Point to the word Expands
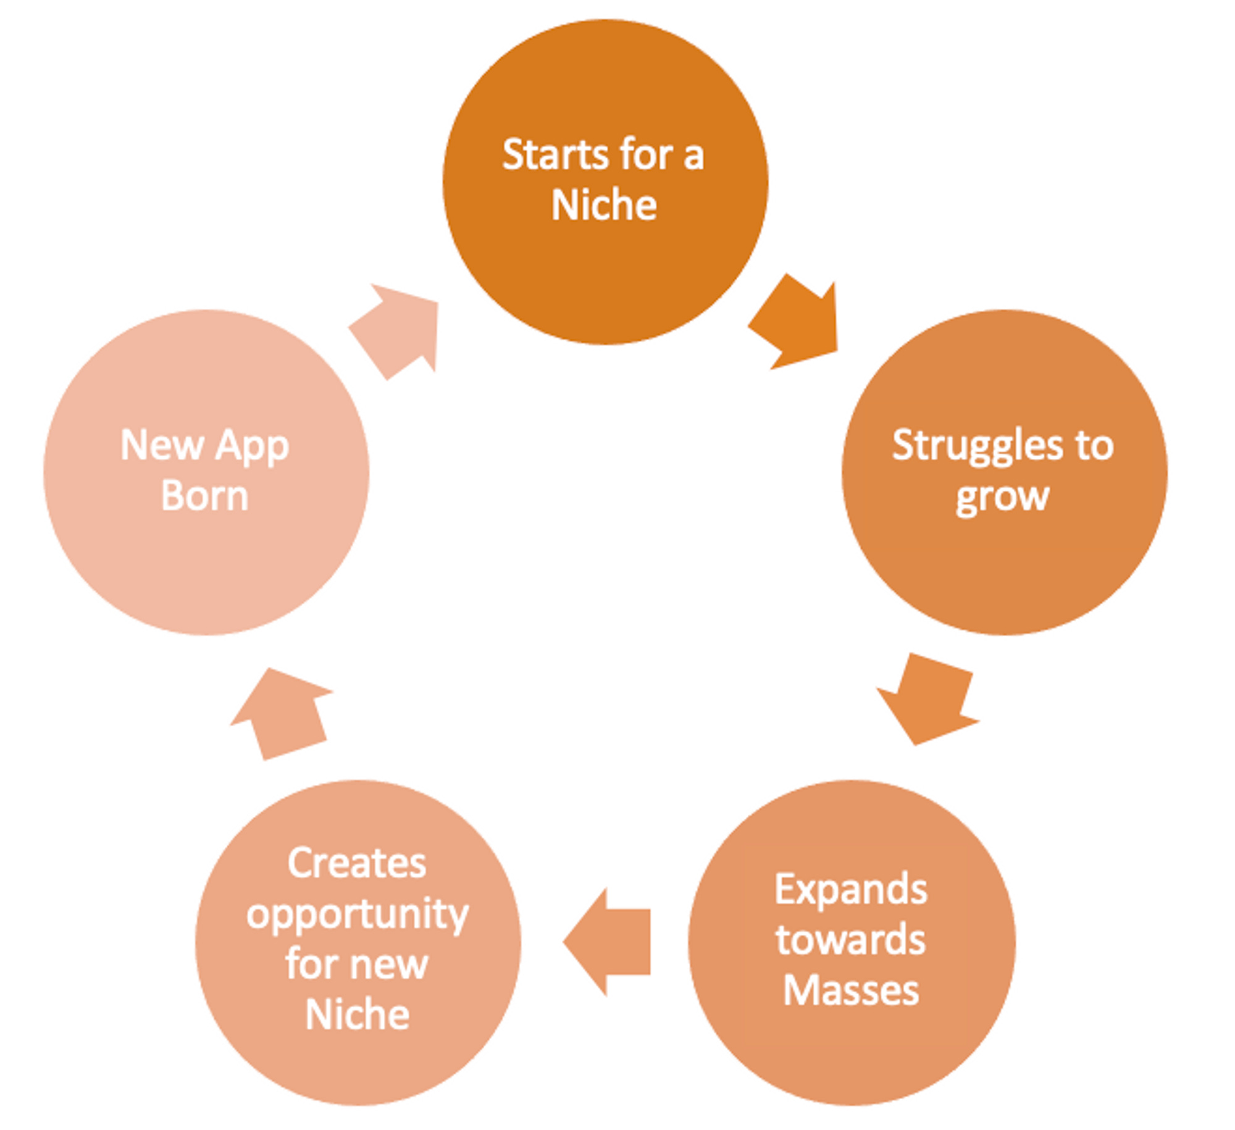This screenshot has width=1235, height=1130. tap(850, 890)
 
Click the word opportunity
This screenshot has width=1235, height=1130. tap(357, 915)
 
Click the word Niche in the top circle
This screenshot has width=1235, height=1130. tap(604, 205)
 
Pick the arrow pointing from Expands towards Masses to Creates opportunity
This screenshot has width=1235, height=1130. tap(608, 942)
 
